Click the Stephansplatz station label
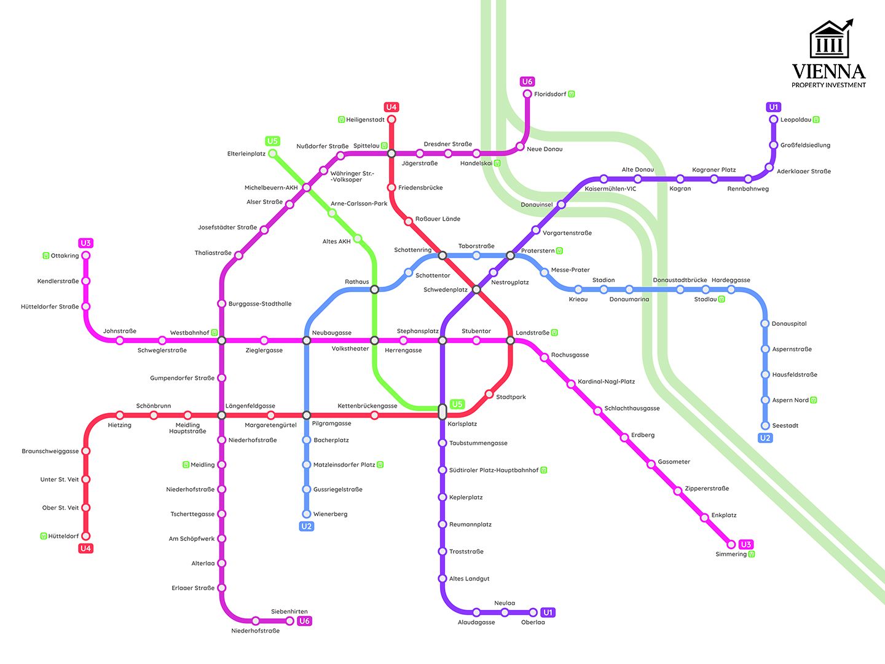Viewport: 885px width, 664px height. pyautogui.click(x=417, y=331)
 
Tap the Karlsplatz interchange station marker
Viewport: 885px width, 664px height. pyautogui.click(x=442, y=411)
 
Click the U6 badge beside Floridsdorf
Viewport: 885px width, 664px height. pyautogui.click(x=527, y=82)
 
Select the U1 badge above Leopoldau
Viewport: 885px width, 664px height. pyautogui.click(x=774, y=107)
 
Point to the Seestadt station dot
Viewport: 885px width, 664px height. pyautogui.click(x=765, y=425)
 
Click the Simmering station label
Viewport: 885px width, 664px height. pyautogui.click(x=731, y=555)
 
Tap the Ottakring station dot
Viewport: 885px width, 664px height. pyautogui.click(x=86, y=256)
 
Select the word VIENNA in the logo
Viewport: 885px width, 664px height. pyautogui.click(x=828, y=71)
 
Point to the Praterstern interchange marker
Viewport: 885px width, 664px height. pyautogui.click(x=510, y=255)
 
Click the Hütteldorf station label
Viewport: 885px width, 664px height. pyautogui.click(x=63, y=536)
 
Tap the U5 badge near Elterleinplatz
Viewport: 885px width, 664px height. pyautogui.click(x=272, y=141)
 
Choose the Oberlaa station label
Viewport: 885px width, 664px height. pyautogui.click(x=533, y=622)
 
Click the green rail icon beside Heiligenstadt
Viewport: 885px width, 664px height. pyautogui.click(x=342, y=120)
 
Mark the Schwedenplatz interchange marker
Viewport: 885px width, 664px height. pyautogui.click(x=476, y=289)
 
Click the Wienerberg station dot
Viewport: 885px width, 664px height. pyautogui.click(x=307, y=514)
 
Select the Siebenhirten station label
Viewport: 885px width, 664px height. pyautogui.click(x=289, y=612)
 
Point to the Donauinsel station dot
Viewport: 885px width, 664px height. pyautogui.click(x=560, y=205)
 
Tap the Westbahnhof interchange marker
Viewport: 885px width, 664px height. pyautogui.click(x=222, y=341)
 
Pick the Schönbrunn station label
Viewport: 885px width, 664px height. pyautogui.click(x=154, y=406)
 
